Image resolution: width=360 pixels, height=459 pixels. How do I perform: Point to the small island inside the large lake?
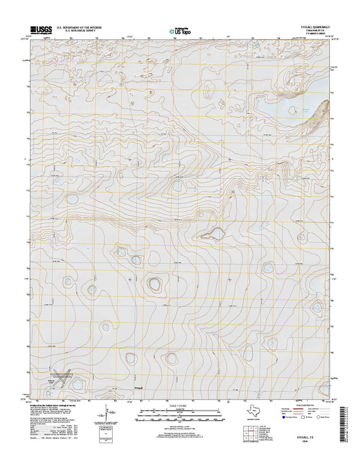[293, 109]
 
